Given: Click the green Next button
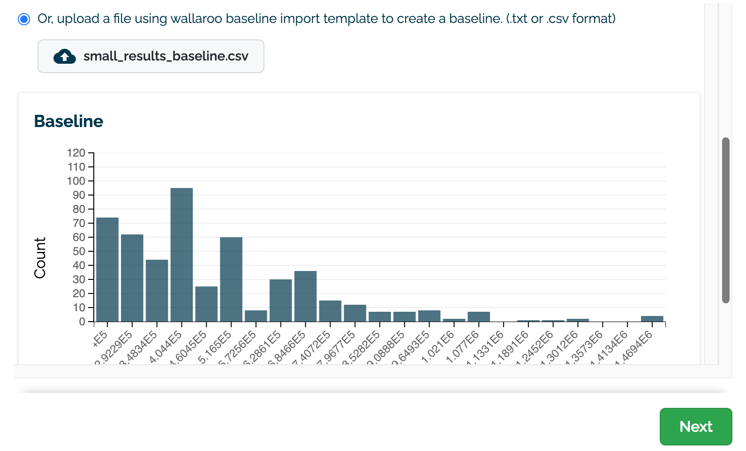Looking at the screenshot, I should pyautogui.click(x=695, y=426).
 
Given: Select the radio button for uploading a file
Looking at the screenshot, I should pyautogui.click(x=24, y=19).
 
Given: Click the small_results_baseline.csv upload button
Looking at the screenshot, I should pyautogui.click(x=151, y=56).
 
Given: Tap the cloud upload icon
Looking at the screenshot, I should pyautogui.click(x=65, y=56).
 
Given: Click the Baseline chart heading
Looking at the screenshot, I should pyautogui.click(x=68, y=121).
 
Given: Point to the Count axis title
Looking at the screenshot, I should pyautogui.click(x=40, y=257).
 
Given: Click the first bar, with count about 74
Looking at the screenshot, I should pyautogui.click(x=107, y=270).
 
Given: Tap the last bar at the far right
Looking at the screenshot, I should pyautogui.click(x=652, y=319).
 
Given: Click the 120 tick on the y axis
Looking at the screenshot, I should pyautogui.click(x=76, y=153).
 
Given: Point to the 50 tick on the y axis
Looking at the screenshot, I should pyautogui.click(x=79, y=251).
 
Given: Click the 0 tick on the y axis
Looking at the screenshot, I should pyautogui.click(x=82, y=322).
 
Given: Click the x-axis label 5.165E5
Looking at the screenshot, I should pyautogui.click(x=215, y=347).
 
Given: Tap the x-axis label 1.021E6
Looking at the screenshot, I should pyautogui.click(x=437, y=347).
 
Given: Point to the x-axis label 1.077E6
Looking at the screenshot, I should pyautogui.click(x=462, y=347).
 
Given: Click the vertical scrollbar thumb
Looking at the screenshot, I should pyautogui.click(x=726, y=220).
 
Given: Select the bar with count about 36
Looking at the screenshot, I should pyautogui.click(x=305, y=296).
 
